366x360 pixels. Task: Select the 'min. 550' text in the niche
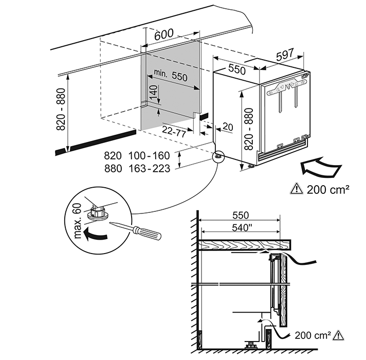tap(170, 77)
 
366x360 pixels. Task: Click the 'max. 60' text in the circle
tap(78, 221)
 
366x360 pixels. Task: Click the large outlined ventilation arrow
tap(320, 167)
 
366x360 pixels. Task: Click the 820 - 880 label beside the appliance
tap(248, 129)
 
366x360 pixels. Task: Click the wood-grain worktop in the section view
tap(242, 246)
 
